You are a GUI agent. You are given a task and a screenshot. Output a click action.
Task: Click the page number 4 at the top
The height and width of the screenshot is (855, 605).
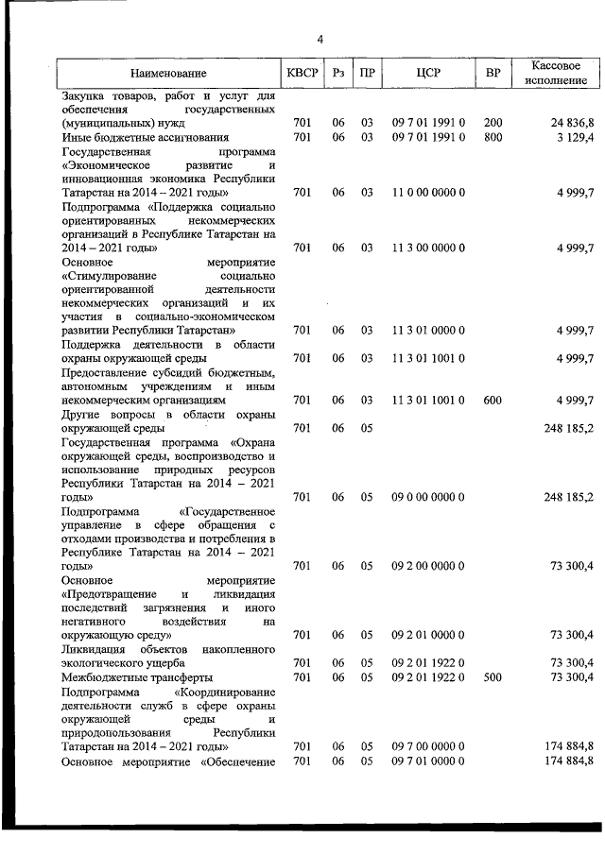[320, 39]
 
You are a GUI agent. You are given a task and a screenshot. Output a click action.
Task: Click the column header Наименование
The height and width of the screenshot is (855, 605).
[168, 73]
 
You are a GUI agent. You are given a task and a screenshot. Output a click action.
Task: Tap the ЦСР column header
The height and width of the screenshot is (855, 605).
[428, 73]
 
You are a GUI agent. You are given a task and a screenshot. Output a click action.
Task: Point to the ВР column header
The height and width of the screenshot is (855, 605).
[493, 73]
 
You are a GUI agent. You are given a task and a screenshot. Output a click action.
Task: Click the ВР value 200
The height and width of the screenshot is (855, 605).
[493, 123]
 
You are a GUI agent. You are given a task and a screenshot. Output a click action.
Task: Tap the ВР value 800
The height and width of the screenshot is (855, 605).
[493, 137]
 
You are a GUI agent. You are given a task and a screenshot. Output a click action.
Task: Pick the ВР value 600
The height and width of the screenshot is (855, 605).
[493, 400]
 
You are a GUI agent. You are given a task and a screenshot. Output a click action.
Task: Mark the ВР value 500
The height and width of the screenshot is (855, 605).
[493, 676]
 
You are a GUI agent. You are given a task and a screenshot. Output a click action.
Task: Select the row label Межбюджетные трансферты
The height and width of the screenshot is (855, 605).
[137, 676]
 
